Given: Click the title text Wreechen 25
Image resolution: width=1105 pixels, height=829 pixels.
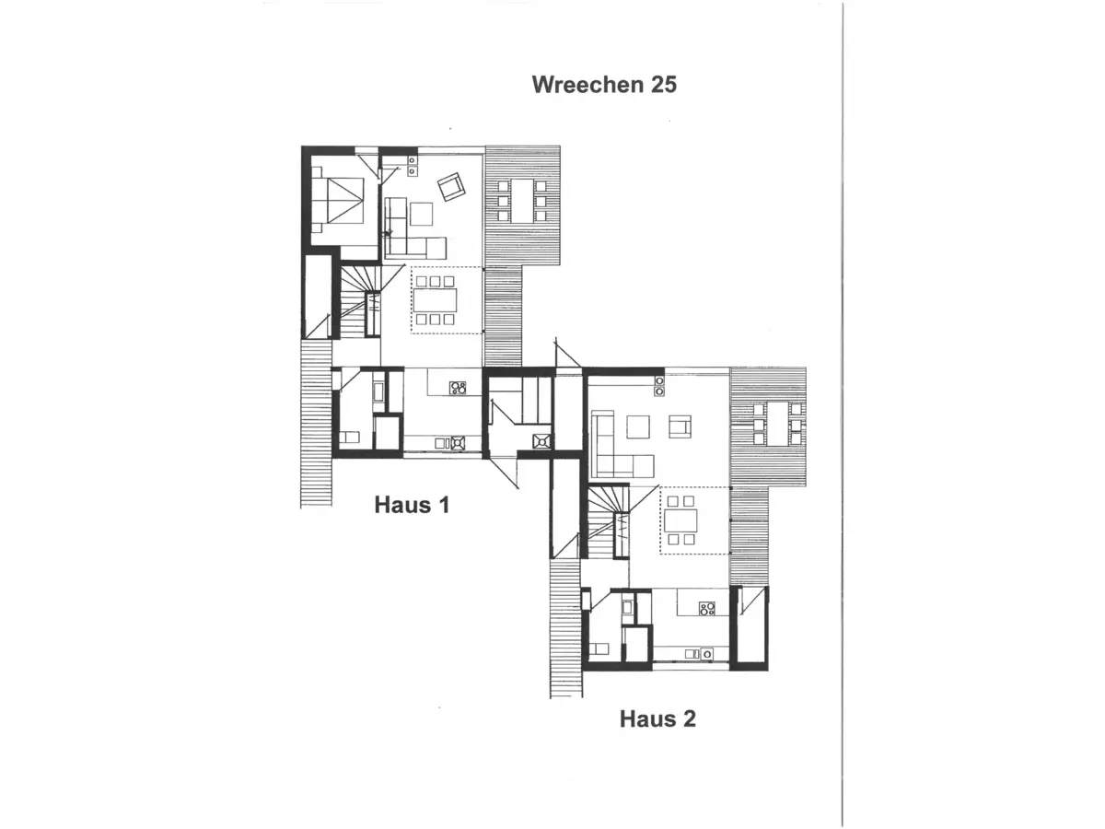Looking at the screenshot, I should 604,85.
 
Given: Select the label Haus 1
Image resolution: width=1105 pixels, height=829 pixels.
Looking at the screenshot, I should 412,505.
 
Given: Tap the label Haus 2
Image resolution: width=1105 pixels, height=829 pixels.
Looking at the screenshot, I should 657,718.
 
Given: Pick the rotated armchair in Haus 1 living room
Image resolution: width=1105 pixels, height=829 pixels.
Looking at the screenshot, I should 451,187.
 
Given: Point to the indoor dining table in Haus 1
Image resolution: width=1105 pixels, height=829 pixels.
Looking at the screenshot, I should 436,300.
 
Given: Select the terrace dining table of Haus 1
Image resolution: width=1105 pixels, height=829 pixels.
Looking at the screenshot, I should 522,199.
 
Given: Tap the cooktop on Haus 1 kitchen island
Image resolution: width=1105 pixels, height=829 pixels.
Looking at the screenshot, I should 458,388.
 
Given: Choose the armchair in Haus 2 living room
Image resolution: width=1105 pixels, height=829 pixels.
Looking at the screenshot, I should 680,426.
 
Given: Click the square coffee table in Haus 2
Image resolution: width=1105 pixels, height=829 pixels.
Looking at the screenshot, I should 639,426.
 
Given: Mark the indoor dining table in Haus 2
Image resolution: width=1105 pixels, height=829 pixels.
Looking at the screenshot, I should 682,520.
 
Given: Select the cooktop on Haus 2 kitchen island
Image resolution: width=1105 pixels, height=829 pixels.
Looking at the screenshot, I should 707,608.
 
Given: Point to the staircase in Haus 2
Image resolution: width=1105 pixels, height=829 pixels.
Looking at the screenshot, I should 607,521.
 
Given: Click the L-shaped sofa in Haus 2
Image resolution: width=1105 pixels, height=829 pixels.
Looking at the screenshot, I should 612,447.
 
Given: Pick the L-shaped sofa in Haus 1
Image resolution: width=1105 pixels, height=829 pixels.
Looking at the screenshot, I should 408,230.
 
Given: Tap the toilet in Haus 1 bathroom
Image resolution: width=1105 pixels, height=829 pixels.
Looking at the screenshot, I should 351,438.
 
